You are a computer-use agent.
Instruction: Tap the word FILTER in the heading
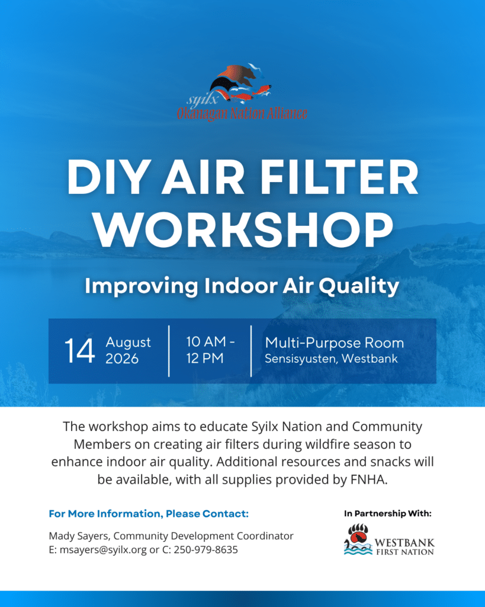click(340, 177)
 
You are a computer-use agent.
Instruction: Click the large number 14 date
click(80, 351)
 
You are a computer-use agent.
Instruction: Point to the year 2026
click(122, 359)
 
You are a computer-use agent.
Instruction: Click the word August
click(128, 342)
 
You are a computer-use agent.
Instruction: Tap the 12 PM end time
click(204, 358)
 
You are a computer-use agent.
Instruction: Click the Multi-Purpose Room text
click(335, 343)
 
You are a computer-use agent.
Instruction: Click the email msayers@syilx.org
click(103, 550)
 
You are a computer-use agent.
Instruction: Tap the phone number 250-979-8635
click(205, 550)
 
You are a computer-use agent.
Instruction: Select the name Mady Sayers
click(80, 536)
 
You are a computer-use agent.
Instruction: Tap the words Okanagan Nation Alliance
click(242, 113)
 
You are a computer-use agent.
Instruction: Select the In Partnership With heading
click(388, 513)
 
